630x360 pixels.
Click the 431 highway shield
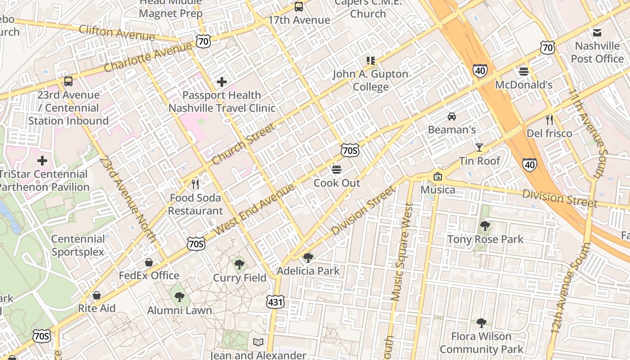(x=275, y=301)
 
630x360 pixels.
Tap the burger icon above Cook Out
(x=337, y=170)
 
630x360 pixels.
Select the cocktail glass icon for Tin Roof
(x=479, y=147)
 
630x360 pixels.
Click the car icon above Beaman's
(x=452, y=117)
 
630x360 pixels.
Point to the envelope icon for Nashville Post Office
(x=597, y=32)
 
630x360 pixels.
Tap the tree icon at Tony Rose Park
(x=485, y=225)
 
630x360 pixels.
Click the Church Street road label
(x=243, y=144)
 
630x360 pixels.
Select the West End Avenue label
(x=255, y=209)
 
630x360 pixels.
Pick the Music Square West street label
(x=402, y=252)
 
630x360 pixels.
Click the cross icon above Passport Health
(x=221, y=82)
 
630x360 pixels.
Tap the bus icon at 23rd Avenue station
(x=68, y=81)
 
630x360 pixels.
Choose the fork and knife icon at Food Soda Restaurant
(x=195, y=184)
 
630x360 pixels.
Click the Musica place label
(x=438, y=189)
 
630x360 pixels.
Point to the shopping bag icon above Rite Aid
(x=96, y=295)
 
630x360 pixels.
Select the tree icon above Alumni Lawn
(x=179, y=297)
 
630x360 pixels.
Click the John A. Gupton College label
(x=370, y=80)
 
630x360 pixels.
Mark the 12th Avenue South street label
(x=570, y=294)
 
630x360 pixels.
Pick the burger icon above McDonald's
(x=523, y=71)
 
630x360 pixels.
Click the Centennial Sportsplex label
(x=78, y=245)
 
